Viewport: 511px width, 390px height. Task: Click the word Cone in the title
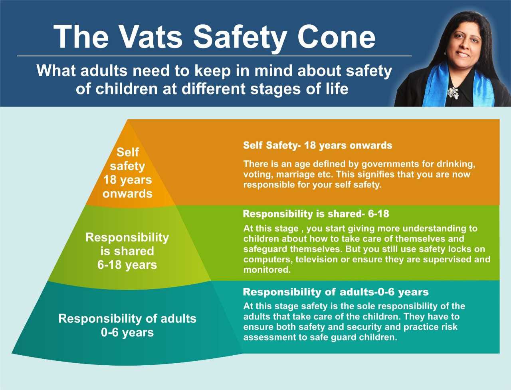[337, 37]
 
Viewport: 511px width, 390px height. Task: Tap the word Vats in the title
[151, 37]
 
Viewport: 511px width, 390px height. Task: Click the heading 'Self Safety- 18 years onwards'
[317, 145]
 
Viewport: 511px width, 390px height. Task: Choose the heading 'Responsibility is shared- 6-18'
[316, 214]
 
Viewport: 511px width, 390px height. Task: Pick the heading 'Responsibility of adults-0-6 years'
[335, 292]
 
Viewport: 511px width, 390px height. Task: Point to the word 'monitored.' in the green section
[267, 270]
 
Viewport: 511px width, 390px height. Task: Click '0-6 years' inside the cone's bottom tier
[127, 332]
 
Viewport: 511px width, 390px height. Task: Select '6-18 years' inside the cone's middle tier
[127, 265]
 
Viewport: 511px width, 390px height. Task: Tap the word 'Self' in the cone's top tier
[128, 152]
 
